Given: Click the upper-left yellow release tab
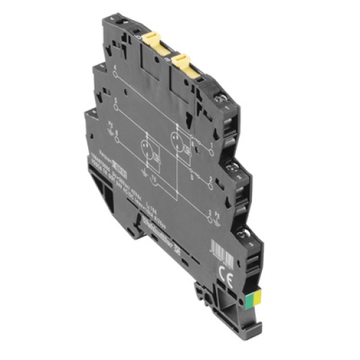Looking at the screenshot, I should coord(155,47).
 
